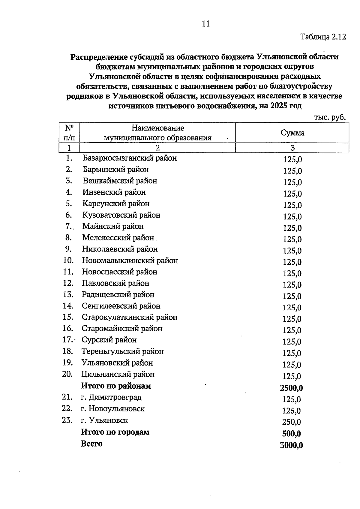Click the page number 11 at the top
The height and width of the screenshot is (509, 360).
click(206, 24)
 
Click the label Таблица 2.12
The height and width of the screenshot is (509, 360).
click(323, 37)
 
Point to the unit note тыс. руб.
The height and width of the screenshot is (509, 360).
click(330, 117)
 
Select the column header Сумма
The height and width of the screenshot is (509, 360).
click(292, 133)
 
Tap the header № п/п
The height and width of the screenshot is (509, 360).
click(69, 133)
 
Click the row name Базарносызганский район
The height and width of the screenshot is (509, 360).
click(130, 158)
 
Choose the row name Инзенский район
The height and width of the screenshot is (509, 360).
click(114, 192)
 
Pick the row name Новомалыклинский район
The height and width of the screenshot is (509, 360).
click(130, 261)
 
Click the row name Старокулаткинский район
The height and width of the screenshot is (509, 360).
click(130, 317)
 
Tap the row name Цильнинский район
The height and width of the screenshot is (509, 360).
click(118, 374)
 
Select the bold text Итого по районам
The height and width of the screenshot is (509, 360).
click(116, 386)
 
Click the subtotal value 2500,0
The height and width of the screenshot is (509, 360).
click(291, 388)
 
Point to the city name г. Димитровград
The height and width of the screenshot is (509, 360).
click(111, 397)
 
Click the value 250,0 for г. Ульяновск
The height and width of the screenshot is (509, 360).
click(291, 422)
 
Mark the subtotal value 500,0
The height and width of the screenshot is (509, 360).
click(291, 434)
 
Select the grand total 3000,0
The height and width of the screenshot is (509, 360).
click(291, 445)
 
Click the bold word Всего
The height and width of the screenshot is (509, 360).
click(91, 444)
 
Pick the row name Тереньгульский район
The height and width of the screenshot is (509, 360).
click(122, 351)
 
